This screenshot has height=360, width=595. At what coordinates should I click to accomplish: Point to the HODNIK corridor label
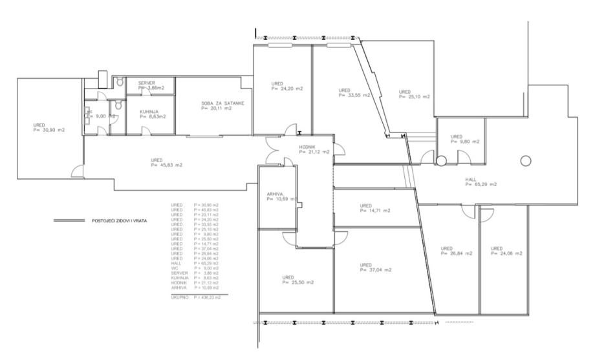[x=307, y=147]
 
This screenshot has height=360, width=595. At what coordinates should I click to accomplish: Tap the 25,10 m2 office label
[x=415, y=96]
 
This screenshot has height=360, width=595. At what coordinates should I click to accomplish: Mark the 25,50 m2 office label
[x=298, y=282]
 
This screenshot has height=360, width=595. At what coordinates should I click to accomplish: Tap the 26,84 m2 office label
[x=457, y=254]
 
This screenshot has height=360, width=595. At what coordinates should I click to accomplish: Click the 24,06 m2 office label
[x=506, y=254]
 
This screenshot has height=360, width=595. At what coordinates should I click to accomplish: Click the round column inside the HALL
[x=525, y=160]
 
